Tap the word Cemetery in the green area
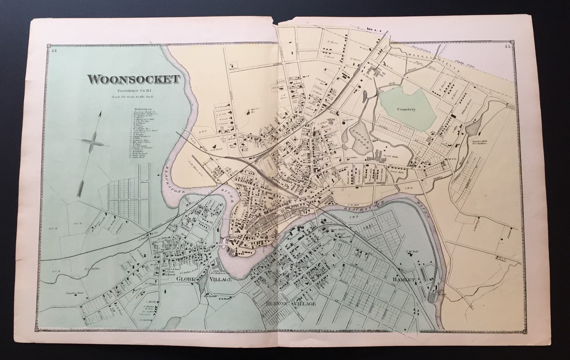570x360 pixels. click(x=407, y=110)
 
